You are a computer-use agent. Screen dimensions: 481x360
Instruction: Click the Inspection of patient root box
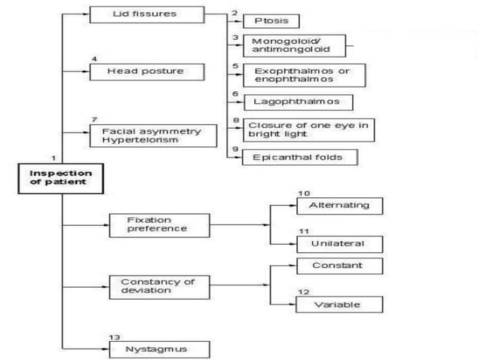[x=61, y=178]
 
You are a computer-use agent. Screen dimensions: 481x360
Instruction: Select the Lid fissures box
[x=147, y=14]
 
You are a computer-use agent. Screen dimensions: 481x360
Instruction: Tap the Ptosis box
[x=271, y=21]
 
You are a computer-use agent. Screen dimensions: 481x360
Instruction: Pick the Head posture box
[x=147, y=72]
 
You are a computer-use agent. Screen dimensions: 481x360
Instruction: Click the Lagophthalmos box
[x=299, y=102]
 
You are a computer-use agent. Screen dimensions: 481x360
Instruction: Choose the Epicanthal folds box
[x=300, y=157]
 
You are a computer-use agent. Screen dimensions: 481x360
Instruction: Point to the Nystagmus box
[x=160, y=349]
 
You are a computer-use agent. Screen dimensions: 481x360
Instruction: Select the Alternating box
[x=339, y=206]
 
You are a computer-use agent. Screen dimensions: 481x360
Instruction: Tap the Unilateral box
[x=339, y=244]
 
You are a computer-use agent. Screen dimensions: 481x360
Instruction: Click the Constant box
[x=339, y=266]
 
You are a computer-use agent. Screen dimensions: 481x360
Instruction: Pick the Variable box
[x=339, y=304]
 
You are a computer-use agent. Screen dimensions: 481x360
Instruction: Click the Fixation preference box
[x=160, y=225]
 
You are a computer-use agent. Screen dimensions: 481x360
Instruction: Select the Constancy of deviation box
[x=160, y=288]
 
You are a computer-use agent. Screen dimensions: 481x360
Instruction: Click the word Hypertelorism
[x=140, y=140]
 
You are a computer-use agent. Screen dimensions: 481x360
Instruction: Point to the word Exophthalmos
[x=293, y=71]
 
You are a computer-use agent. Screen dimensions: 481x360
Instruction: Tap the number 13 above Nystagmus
[x=114, y=337]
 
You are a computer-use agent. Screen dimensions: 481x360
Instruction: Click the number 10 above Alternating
[x=304, y=194]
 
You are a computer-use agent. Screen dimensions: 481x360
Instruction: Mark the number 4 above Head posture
[x=94, y=59]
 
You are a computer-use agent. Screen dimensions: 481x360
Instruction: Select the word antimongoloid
[x=291, y=49]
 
